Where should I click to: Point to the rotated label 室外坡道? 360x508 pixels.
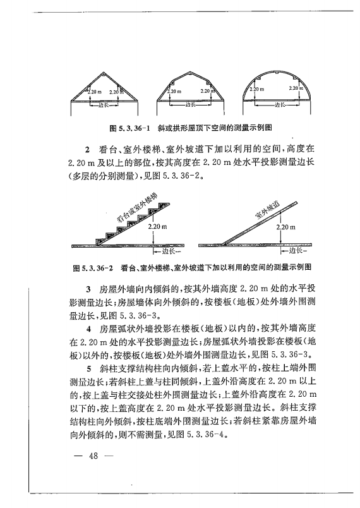point(268,211)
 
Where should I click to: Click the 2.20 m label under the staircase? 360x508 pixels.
point(156,226)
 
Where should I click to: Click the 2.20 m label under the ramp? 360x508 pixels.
point(285,226)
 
